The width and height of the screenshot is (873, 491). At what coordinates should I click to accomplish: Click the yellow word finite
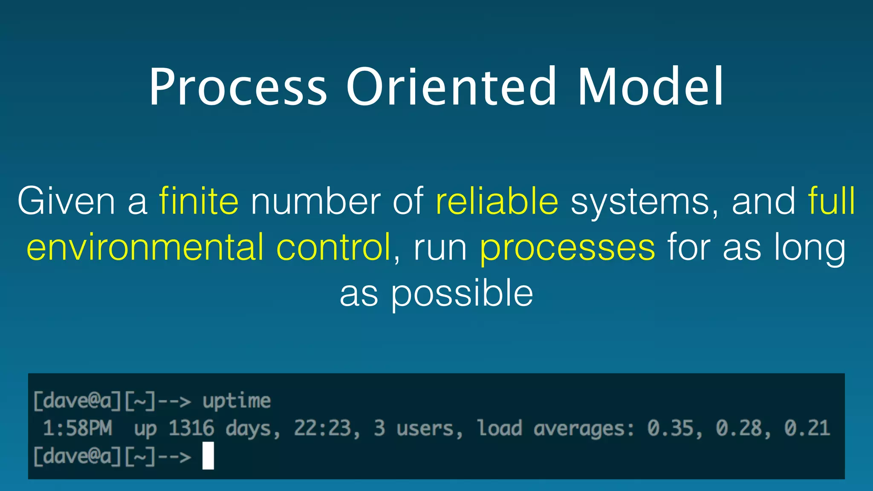coord(199,201)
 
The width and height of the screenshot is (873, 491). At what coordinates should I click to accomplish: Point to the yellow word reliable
coord(497,201)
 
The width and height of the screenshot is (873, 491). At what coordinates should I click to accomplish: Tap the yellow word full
coord(831,201)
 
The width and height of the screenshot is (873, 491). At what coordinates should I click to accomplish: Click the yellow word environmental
coord(145,247)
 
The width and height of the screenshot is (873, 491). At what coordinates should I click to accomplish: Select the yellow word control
coord(334,247)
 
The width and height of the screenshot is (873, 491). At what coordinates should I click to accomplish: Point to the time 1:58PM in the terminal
coord(78,428)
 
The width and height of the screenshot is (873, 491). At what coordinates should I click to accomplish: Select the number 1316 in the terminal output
coord(191,428)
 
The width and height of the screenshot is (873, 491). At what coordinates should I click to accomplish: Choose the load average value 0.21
coord(807,428)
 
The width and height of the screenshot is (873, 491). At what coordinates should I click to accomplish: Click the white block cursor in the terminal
coord(208,456)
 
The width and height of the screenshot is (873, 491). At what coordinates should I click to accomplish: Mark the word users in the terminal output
coord(428,428)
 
